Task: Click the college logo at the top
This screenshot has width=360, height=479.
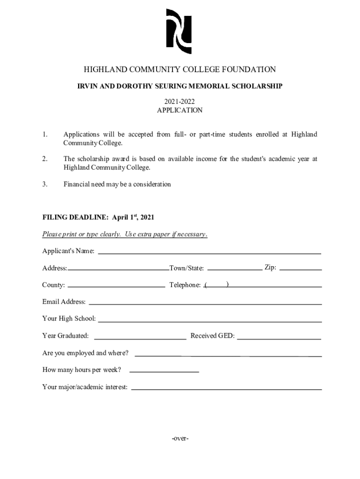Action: (180, 31)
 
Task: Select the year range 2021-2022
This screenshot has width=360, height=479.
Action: (180, 102)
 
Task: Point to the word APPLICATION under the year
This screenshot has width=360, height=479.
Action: (180, 110)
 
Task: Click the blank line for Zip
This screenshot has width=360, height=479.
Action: (300, 269)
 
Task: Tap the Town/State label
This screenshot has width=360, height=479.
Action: (187, 268)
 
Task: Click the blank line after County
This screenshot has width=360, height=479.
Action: (116, 286)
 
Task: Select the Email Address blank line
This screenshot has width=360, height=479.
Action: (205, 304)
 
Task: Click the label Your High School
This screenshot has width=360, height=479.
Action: (69, 319)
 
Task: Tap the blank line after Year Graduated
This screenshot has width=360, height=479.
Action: (140, 338)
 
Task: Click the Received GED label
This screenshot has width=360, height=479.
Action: (212, 336)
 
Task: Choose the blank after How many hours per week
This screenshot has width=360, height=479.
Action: (164, 371)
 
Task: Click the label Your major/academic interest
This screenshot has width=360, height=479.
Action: (85, 387)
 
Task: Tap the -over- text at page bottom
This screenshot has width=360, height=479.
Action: (180, 438)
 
